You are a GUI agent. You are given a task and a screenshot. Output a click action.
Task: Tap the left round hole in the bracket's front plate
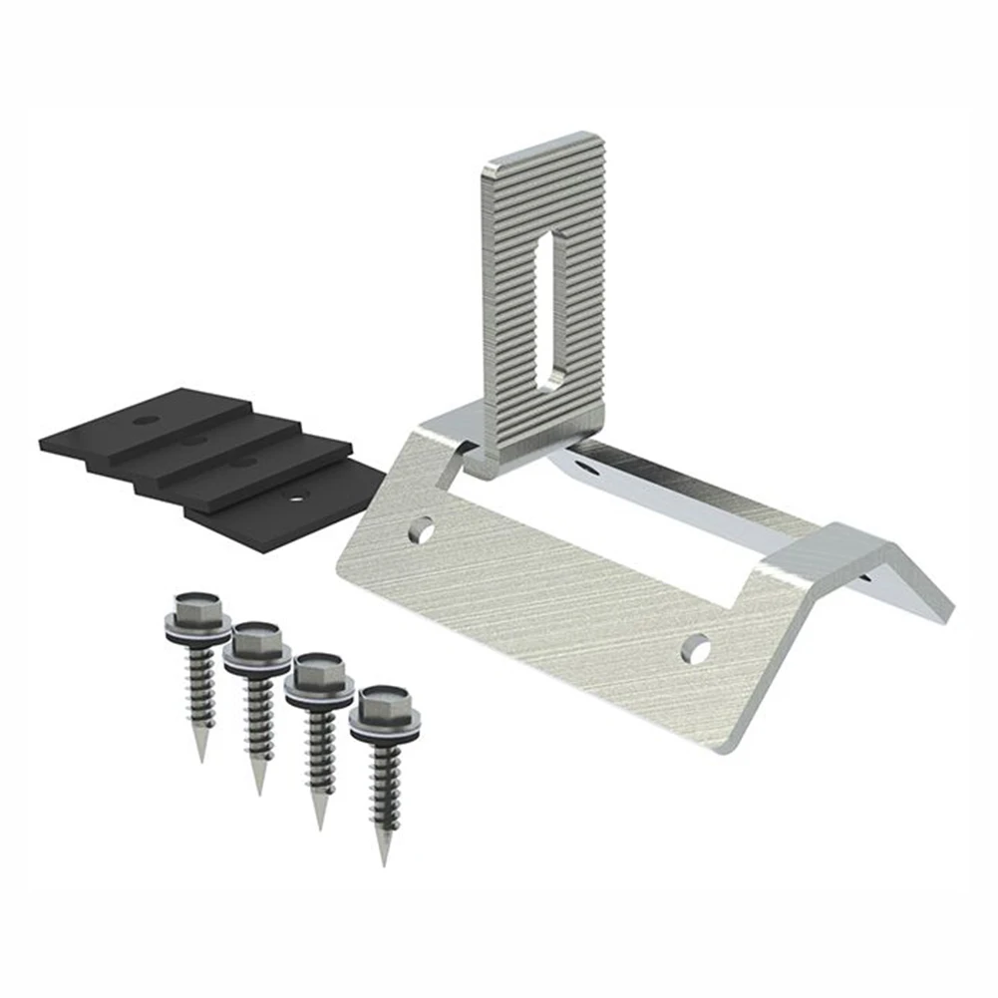[427, 529]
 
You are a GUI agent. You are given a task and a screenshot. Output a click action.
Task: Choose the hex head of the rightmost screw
[382, 703]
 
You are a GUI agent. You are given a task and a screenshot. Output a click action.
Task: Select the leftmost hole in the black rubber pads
[147, 418]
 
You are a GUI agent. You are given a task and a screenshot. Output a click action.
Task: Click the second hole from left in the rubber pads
[195, 439]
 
